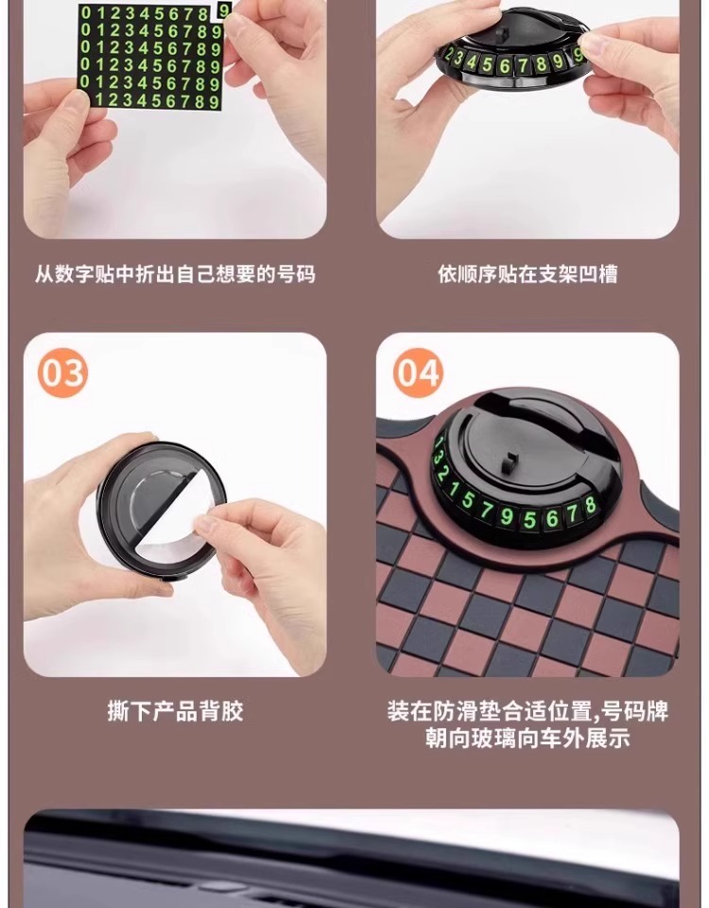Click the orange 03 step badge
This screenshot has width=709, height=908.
click(x=62, y=373)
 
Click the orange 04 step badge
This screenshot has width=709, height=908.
click(x=418, y=373)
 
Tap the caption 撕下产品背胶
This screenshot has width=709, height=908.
click(x=176, y=711)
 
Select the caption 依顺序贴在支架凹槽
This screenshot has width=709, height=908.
click(x=527, y=274)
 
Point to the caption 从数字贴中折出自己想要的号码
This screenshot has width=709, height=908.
click(x=175, y=274)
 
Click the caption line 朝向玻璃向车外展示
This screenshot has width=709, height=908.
click(x=527, y=739)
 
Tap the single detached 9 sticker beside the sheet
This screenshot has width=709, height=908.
click(x=223, y=9)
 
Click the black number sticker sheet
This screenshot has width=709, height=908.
click(x=150, y=56)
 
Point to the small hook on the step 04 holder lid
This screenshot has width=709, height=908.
click(x=510, y=462)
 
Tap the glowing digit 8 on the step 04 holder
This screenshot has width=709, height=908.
click(x=590, y=505)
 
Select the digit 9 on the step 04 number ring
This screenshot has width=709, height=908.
click(x=507, y=516)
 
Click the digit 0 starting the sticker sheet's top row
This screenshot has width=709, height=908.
click(x=86, y=12)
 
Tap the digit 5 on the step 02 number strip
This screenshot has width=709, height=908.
click(x=488, y=64)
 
